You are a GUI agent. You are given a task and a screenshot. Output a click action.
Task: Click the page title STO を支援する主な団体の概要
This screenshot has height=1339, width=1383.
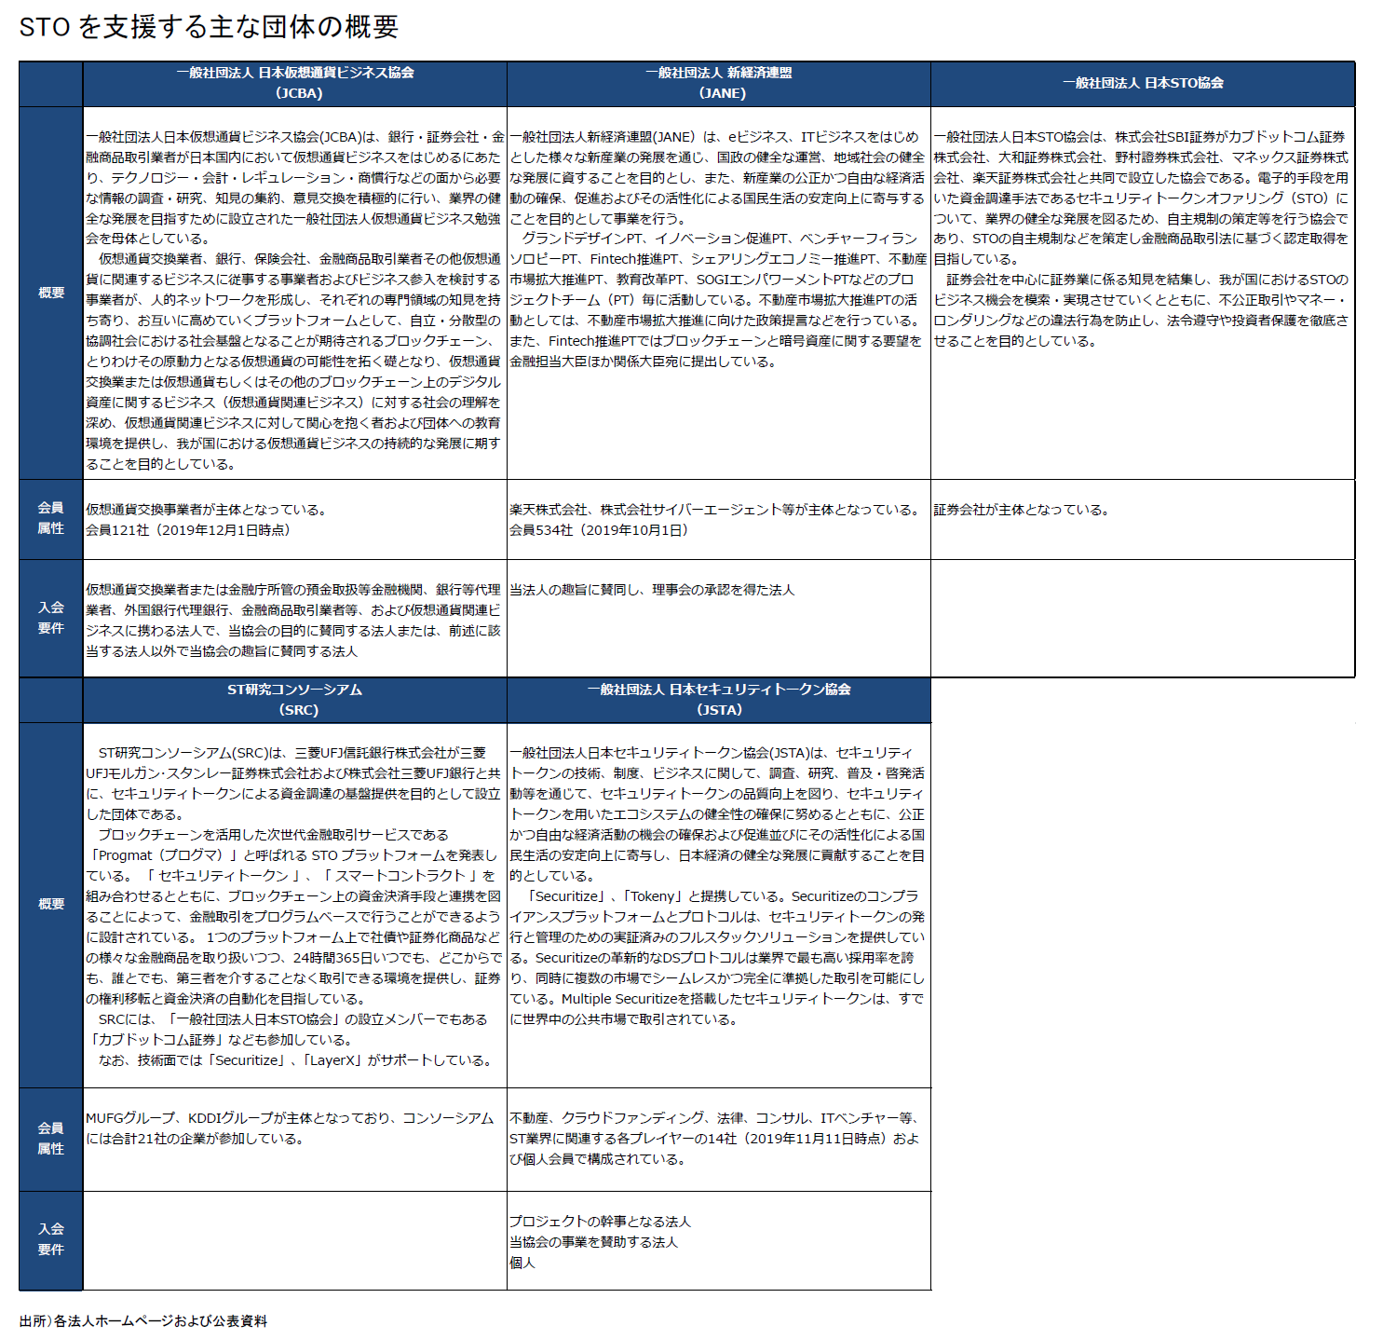(x=209, y=26)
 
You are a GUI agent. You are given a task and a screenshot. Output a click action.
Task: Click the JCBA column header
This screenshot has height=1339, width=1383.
(x=295, y=83)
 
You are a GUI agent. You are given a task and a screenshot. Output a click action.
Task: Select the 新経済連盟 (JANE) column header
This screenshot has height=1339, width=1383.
(x=719, y=83)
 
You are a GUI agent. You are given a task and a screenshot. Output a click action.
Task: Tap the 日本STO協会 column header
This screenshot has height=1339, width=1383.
(x=1143, y=83)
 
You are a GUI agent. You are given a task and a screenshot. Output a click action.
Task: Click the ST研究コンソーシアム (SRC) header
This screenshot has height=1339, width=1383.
(x=295, y=700)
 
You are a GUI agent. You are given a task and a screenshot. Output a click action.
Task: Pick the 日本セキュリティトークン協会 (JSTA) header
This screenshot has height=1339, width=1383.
(x=719, y=700)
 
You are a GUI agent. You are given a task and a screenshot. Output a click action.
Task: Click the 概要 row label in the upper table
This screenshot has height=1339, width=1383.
(x=51, y=293)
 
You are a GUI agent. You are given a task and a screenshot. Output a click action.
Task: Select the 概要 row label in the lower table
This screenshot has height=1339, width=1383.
(x=51, y=904)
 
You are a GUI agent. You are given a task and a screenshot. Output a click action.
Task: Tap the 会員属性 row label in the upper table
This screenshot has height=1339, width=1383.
(x=51, y=518)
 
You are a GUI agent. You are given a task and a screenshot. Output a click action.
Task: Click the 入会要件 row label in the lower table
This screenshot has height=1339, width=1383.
(x=51, y=1239)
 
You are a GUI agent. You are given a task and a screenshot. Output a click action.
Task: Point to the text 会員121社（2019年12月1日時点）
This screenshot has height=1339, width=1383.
(x=189, y=530)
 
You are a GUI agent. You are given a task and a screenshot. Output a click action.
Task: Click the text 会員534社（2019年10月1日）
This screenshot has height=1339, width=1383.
(x=599, y=530)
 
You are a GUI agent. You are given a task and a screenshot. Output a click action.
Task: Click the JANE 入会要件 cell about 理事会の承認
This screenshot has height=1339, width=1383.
(x=652, y=590)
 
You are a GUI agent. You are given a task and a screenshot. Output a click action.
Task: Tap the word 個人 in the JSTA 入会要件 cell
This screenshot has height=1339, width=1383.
(x=522, y=1263)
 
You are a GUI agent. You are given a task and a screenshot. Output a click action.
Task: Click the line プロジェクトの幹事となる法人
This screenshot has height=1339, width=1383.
(x=600, y=1222)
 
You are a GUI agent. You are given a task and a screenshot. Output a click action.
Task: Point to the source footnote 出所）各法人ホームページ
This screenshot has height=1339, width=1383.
(x=143, y=1321)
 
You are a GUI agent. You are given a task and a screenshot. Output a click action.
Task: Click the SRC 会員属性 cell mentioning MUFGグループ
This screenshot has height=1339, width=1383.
(x=290, y=1127)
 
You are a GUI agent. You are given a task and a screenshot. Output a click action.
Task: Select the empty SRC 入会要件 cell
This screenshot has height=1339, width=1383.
(x=295, y=1240)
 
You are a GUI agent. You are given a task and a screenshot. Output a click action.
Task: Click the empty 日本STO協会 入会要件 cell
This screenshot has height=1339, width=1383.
(x=1143, y=618)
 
